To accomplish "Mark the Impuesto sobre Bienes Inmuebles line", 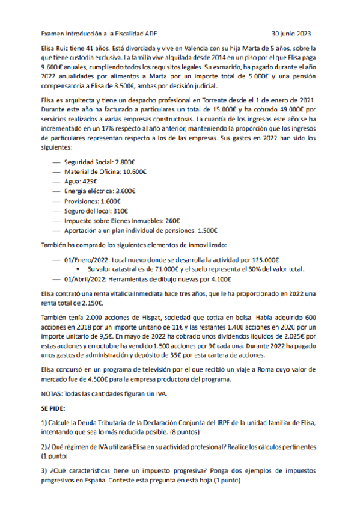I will (x=109, y=220).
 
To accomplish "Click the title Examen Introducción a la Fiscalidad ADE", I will (x=102, y=34).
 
